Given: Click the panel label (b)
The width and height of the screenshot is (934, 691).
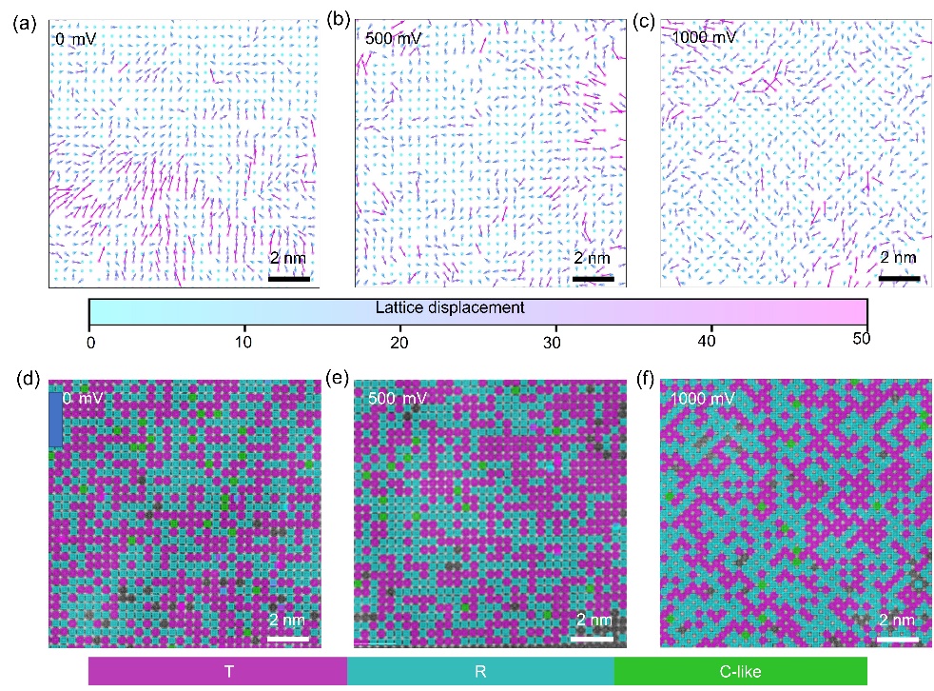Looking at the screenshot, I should coord(336,20).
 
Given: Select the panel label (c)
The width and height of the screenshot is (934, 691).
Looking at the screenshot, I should coord(643,20).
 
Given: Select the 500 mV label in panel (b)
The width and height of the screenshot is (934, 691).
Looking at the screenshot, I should coord(392,39).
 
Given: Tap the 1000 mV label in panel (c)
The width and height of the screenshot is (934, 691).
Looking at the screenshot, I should coord(703,39).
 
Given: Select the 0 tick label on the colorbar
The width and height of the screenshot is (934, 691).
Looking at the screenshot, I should coord(89,340).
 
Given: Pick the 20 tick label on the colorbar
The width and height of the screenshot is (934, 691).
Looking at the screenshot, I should coord(400,340).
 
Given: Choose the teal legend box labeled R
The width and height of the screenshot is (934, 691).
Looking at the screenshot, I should coord(480,671).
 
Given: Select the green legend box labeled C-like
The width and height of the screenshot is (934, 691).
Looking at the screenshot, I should coord(740,671).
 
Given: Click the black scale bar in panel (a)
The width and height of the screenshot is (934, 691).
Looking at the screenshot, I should coord(289,279).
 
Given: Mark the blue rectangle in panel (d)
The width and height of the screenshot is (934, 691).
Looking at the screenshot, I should coord(55,419).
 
